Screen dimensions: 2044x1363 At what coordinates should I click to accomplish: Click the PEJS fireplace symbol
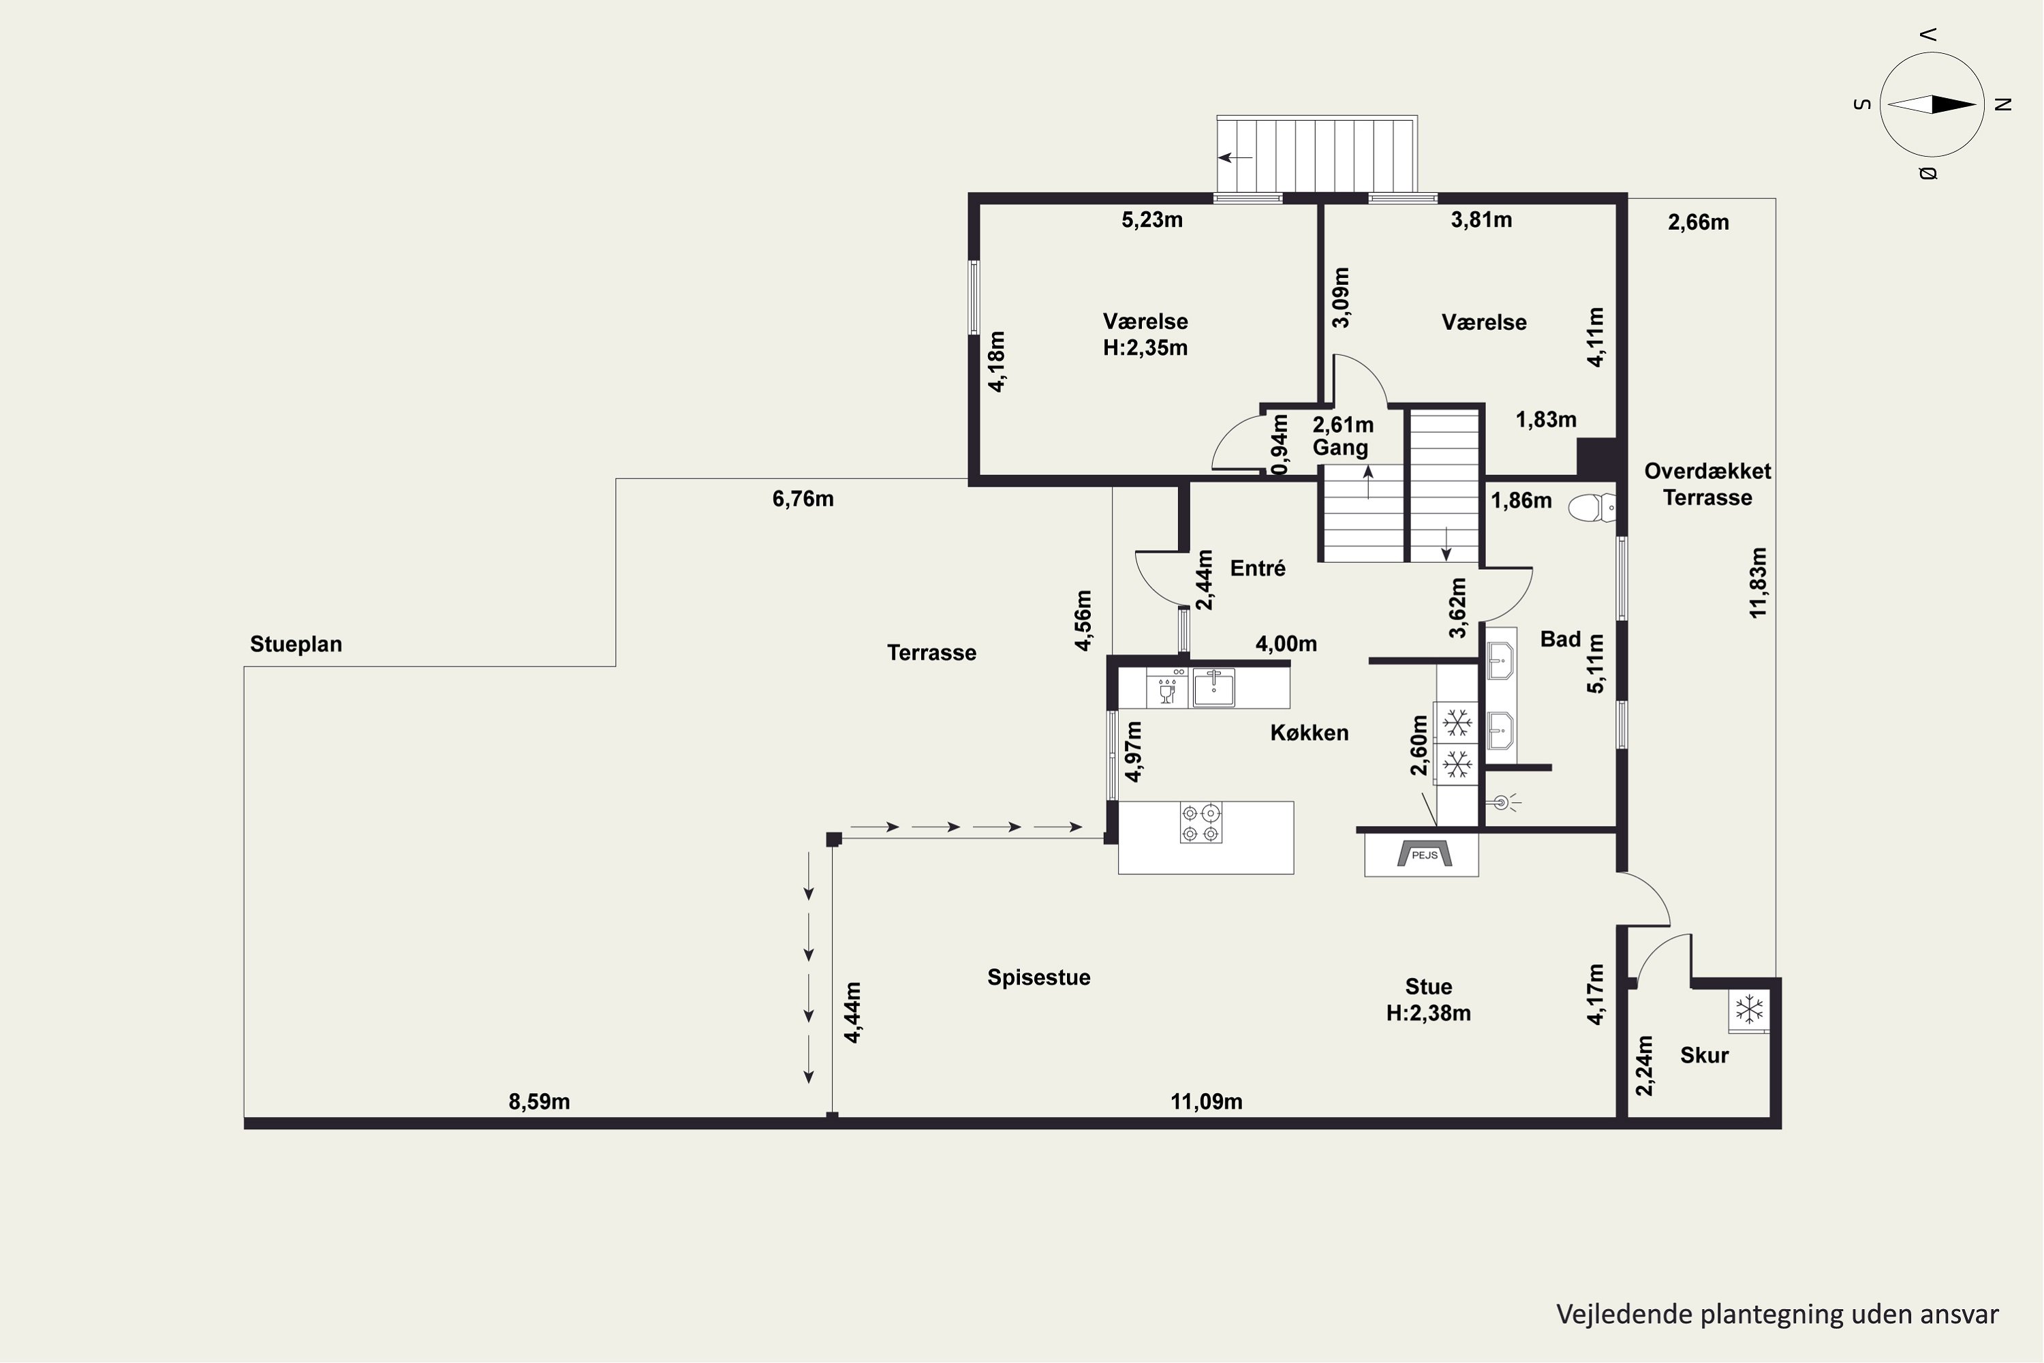pos(1423,855)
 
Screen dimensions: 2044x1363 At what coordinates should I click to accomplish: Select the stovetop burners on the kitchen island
pos(1201,823)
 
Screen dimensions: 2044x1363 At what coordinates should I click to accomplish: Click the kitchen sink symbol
pos(1213,688)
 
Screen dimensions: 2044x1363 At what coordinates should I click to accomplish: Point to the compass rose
pos(1932,104)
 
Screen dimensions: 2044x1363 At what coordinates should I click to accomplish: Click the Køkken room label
pos(1310,733)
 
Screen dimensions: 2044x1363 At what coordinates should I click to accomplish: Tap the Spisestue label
pos(1038,977)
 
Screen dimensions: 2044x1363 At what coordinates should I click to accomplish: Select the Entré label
pos(1258,568)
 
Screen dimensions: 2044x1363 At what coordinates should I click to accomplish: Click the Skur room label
pos(1704,1055)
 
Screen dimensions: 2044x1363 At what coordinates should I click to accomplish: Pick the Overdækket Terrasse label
pos(1707,484)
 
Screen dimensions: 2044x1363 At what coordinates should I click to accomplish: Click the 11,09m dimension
pos(1206,1101)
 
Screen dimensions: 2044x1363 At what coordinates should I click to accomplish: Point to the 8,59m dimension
pos(539,1101)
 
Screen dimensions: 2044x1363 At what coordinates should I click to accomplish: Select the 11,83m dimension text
pos(1758,583)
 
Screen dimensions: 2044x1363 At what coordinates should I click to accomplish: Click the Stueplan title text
pos(296,644)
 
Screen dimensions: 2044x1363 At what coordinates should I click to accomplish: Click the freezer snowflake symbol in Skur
pos(1748,1010)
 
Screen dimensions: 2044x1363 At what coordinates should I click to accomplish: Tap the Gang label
pos(1340,448)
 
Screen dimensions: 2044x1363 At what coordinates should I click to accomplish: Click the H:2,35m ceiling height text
pos(1145,348)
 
